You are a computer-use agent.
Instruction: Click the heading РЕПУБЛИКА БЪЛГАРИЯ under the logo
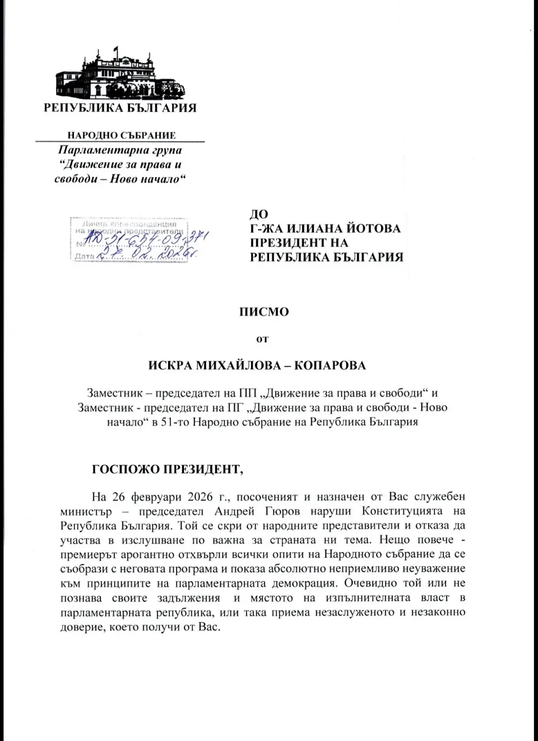(x=120, y=108)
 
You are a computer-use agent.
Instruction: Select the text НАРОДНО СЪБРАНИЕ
(x=122, y=135)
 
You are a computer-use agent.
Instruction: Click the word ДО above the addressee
(x=258, y=214)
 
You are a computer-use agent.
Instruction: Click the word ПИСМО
(x=264, y=312)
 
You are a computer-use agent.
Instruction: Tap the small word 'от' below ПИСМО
(x=262, y=339)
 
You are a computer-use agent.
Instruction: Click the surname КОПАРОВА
(x=330, y=366)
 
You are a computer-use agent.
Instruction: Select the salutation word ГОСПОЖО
(x=126, y=470)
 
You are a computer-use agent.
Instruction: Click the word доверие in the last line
(x=80, y=627)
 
